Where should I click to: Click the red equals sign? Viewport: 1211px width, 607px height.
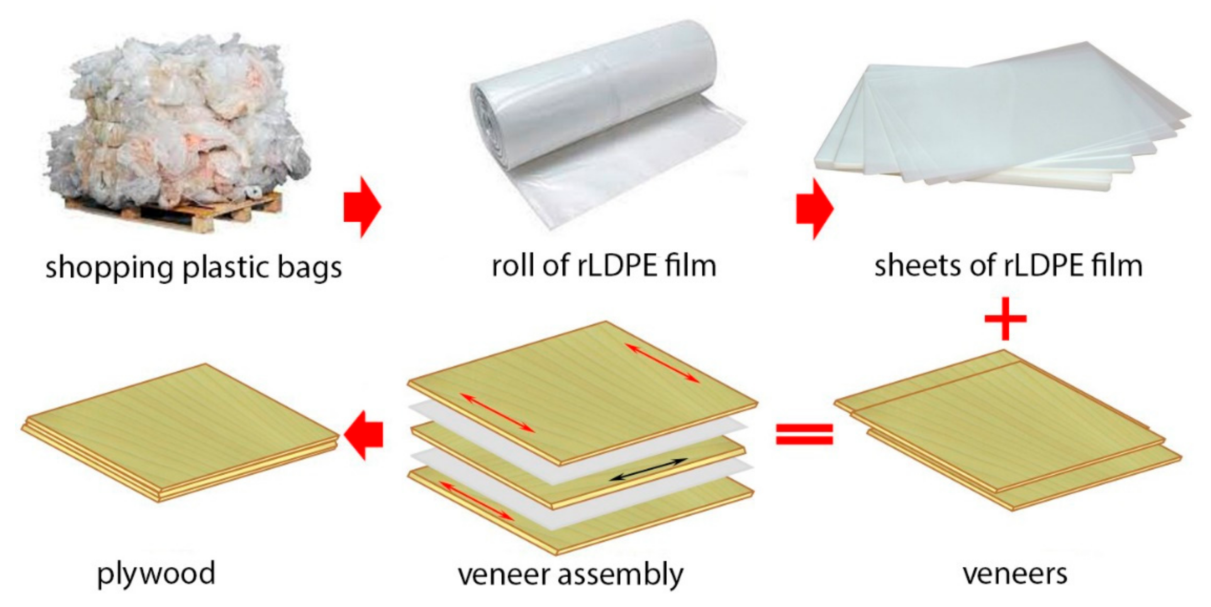tap(804, 434)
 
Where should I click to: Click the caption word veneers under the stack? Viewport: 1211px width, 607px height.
tap(1015, 574)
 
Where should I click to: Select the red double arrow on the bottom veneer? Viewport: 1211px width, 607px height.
tap(476, 501)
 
